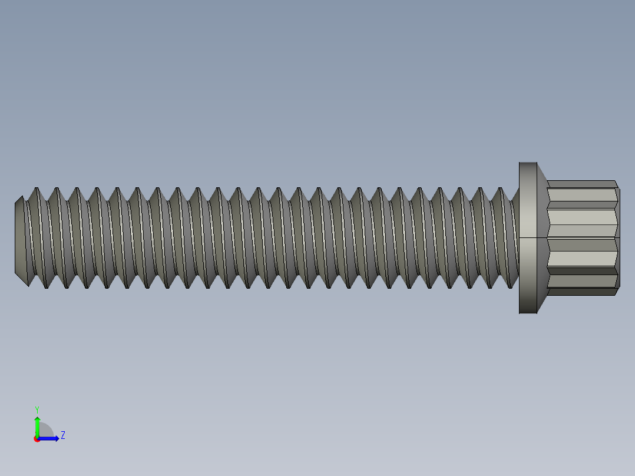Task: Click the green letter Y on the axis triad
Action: [37, 409]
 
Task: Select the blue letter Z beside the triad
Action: [62, 435]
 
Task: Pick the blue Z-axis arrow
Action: [51, 438]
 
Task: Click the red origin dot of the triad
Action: [37, 439]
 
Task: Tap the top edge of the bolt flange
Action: [528, 163]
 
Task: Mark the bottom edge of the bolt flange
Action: [528, 313]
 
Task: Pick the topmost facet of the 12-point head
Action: [582, 184]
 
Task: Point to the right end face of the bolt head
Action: [619, 237]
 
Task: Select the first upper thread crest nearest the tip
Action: [37, 189]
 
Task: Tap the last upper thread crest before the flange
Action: [500, 189]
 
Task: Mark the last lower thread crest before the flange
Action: [510, 287]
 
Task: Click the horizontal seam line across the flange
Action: [528, 237]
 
